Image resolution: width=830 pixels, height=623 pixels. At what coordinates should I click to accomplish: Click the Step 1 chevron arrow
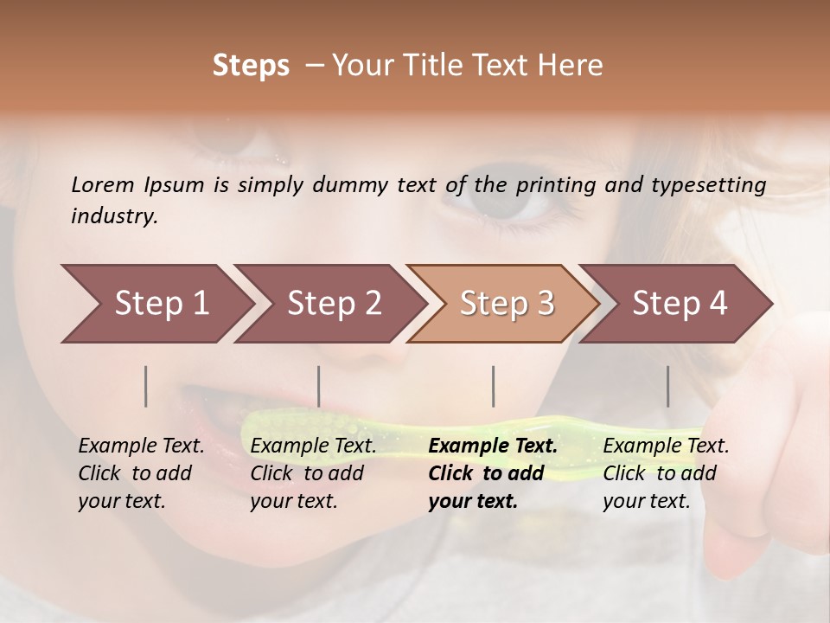pyautogui.click(x=156, y=304)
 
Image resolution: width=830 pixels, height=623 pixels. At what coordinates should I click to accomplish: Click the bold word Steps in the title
pyautogui.click(x=251, y=66)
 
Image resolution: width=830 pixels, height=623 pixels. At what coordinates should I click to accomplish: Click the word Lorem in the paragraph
pyautogui.click(x=103, y=184)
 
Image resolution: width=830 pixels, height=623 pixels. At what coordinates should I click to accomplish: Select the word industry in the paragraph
pyautogui.click(x=114, y=216)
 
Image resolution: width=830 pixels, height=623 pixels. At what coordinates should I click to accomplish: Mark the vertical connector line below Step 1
pyautogui.click(x=146, y=386)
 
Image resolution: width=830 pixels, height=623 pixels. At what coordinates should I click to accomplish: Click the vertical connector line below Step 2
pyautogui.click(x=319, y=386)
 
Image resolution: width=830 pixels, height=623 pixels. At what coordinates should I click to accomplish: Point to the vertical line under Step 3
pyautogui.click(x=494, y=386)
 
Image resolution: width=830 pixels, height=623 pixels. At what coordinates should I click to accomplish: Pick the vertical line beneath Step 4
pyautogui.click(x=668, y=386)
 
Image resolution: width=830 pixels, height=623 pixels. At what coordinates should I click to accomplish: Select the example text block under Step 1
pyautogui.click(x=140, y=473)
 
